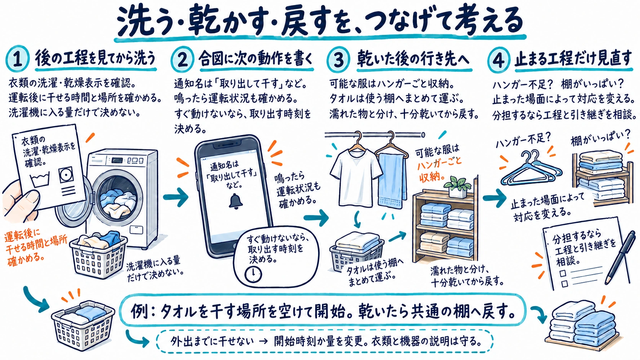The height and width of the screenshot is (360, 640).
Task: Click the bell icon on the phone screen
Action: [236, 202]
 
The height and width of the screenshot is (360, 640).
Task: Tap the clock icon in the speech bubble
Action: [253, 274]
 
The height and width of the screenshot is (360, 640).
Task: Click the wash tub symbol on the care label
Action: [40, 179]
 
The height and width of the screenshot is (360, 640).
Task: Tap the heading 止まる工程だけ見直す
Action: [573, 59]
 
